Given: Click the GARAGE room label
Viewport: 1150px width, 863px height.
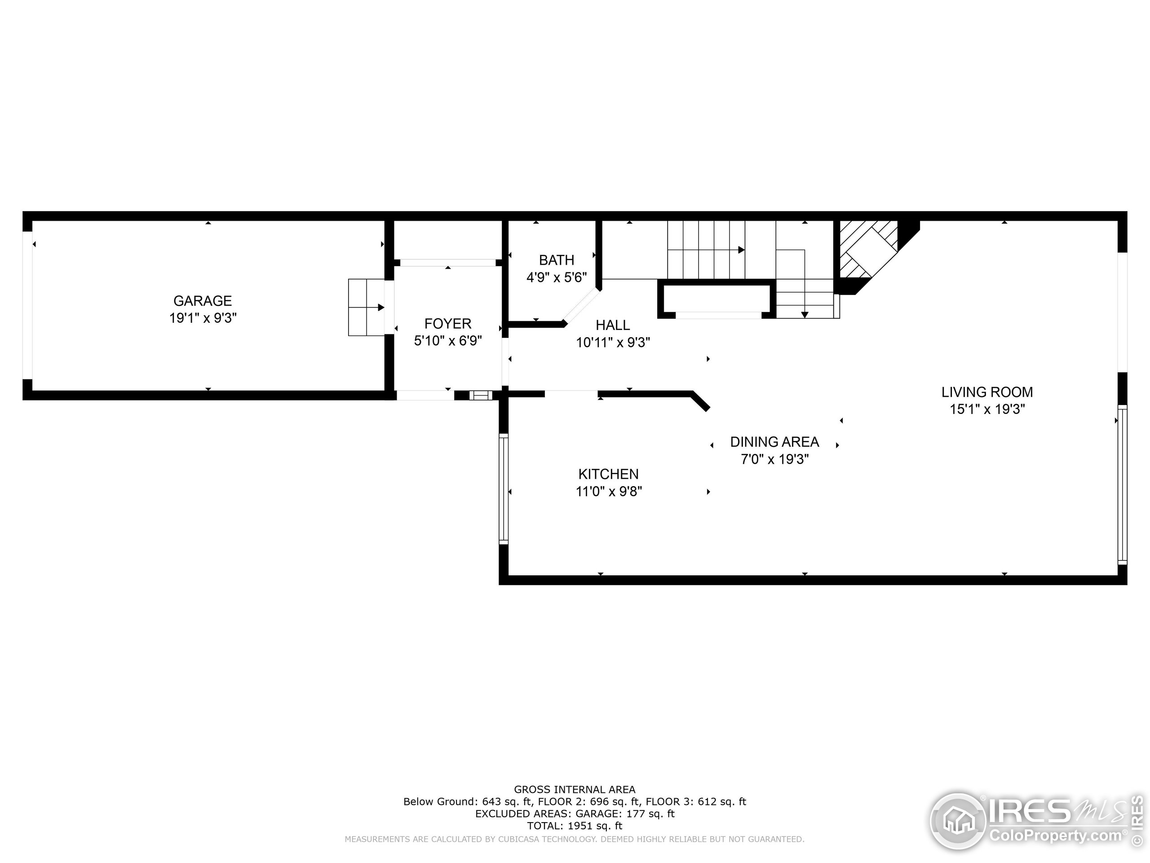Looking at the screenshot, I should pos(202,301).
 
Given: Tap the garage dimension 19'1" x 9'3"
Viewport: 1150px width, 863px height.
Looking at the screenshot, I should pos(203,318).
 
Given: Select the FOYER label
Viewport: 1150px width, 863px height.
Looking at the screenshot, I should pos(447,324).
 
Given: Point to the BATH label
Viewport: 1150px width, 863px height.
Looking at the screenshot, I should pos(556,260).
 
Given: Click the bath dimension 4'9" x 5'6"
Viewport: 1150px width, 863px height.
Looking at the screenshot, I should pos(556,277).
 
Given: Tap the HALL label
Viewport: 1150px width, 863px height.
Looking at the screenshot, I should pos(612,325).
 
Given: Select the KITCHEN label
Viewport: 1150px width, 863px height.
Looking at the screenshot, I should pos(608,474).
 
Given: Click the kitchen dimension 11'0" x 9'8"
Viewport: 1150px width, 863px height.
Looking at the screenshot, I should pos(608,491).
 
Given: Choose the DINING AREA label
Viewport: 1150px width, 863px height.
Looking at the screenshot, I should pos(774,442).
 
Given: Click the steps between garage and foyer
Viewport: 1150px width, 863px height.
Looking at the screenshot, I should pos(366,307).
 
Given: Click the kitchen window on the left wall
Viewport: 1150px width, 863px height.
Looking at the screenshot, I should pos(503,489).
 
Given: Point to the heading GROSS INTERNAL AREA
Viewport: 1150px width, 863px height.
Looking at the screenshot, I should pos(575,790).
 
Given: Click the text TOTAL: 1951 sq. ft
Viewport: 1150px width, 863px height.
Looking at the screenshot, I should pos(575,826).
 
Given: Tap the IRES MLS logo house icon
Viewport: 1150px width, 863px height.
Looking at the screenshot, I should pos(958,821).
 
